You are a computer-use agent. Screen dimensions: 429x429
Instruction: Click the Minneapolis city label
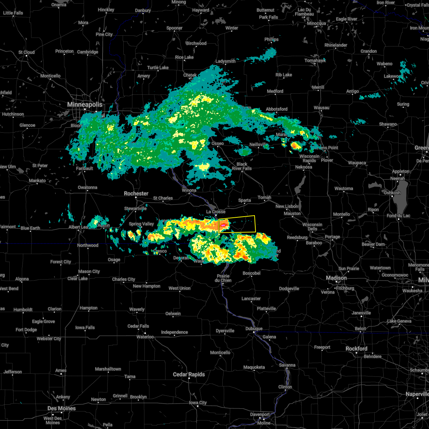(x=85, y=105)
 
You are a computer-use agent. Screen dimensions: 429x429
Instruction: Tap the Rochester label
(x=136, y=193)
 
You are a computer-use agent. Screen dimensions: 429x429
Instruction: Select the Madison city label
(x=336, y=278)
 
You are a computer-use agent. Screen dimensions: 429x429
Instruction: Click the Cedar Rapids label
(x=189, y=374)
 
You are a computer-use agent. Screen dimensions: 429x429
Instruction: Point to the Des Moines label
(x=61, y=408)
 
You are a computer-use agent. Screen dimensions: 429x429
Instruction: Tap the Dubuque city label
(x=254, y=329)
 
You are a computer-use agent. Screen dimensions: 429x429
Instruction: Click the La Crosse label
(x=216, y=212)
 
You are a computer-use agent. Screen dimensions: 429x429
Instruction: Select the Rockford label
(x=356, y=349)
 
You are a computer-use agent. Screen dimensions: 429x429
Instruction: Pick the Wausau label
(x=321, y=108)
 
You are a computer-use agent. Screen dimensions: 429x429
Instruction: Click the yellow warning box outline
(x=255, y=223)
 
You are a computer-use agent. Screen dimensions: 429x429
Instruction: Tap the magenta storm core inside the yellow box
(x=223, y=226)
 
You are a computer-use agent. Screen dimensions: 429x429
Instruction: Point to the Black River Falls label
(x=242, y=166)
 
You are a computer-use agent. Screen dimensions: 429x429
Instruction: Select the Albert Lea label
(x=79, y=227)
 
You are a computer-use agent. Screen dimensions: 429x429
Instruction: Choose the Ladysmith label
(x=226, y=61)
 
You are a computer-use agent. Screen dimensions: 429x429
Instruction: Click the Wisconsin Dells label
(x=312, y=227)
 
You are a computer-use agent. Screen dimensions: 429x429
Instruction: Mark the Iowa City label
(x=198, y=403)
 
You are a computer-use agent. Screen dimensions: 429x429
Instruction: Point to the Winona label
(x=189, y=190)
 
